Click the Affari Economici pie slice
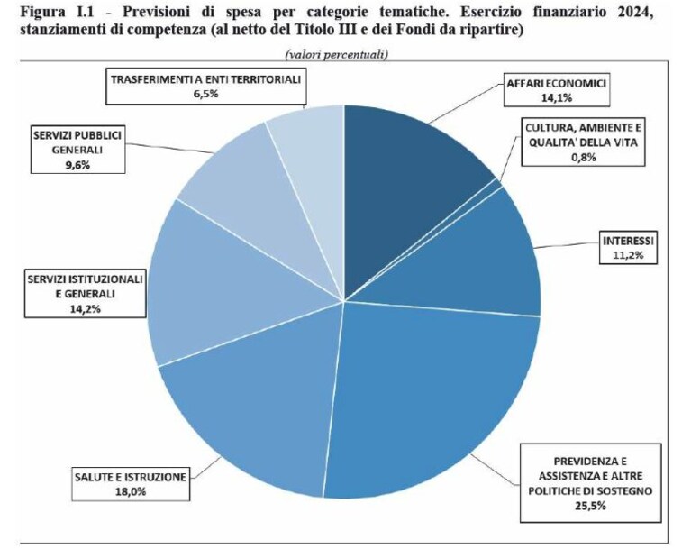[x=410, y=177]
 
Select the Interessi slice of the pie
[x=476, y=261]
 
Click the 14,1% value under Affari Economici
[x=557, y=98]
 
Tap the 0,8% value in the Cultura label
[x=584, y=157]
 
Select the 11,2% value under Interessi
[x=628, y=255]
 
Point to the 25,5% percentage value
[x=590, y=506]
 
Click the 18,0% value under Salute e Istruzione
[x=131, y=491]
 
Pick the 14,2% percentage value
[x=85, y=308]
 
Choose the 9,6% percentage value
[x=77, y=165]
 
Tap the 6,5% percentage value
[x=205, y=95]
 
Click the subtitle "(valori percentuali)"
[x=337, y=54]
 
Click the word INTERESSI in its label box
[x=628, y=241]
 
